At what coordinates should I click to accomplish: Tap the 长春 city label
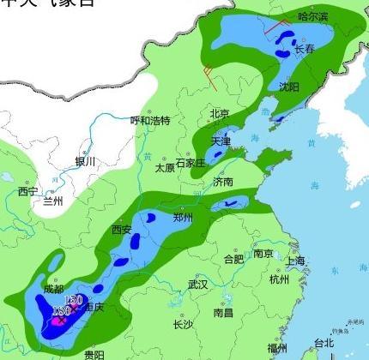(x=305, y=50)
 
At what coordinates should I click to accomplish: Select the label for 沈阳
(x=289, y=87)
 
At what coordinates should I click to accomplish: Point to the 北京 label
(x=220, y=113)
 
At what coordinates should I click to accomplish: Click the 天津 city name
(x=221, y=141)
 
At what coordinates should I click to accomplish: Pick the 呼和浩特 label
(x=150, y=120)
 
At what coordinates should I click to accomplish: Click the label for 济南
(x=223, y=182)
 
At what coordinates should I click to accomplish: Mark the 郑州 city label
(x=183, y=218)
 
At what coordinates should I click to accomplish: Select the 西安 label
(x=122, y=229)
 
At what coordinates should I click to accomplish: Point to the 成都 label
(x=52, y=290)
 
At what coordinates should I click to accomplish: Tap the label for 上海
(x=297, y=261)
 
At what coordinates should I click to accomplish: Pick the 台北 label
(x=324, y=342)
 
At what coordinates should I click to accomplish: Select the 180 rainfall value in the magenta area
(x=60, y=309)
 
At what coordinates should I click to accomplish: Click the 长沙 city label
(x=183, y=324)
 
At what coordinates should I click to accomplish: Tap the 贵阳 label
(x=94, y=354)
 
